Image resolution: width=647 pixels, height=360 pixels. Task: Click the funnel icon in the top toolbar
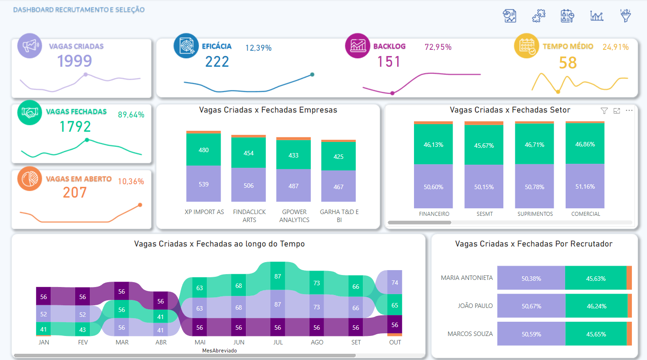(626, 16)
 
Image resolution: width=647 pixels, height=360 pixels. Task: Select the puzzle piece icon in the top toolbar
(538, 16)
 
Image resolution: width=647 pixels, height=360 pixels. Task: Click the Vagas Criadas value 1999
(74, 61)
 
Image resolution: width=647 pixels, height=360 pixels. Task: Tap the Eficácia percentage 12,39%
(258, 48)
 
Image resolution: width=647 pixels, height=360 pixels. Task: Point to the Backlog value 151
(389, 61)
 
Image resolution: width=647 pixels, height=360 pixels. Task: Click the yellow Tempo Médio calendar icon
(526, 46)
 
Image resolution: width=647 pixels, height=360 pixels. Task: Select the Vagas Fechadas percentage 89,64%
(131, 114)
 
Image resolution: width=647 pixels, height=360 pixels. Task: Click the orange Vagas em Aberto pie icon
(30, 178)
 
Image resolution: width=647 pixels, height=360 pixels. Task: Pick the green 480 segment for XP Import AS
(204, 150)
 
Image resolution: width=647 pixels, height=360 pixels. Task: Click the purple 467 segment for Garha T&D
(338, 186)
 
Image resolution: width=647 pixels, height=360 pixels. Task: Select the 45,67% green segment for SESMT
(484, 145)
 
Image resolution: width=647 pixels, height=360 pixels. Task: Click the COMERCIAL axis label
(585, 214)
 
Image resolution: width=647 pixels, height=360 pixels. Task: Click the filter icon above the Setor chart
(604, 111)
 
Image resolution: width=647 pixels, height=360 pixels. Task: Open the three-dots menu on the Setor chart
(629, 111)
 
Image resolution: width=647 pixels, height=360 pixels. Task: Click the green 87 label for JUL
(278, 276)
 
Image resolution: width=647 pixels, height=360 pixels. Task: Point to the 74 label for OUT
(395, 282)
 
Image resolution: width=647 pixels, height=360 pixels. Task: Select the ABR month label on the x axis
(161, 342)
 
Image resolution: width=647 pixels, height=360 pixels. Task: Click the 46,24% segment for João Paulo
(595, 306)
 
